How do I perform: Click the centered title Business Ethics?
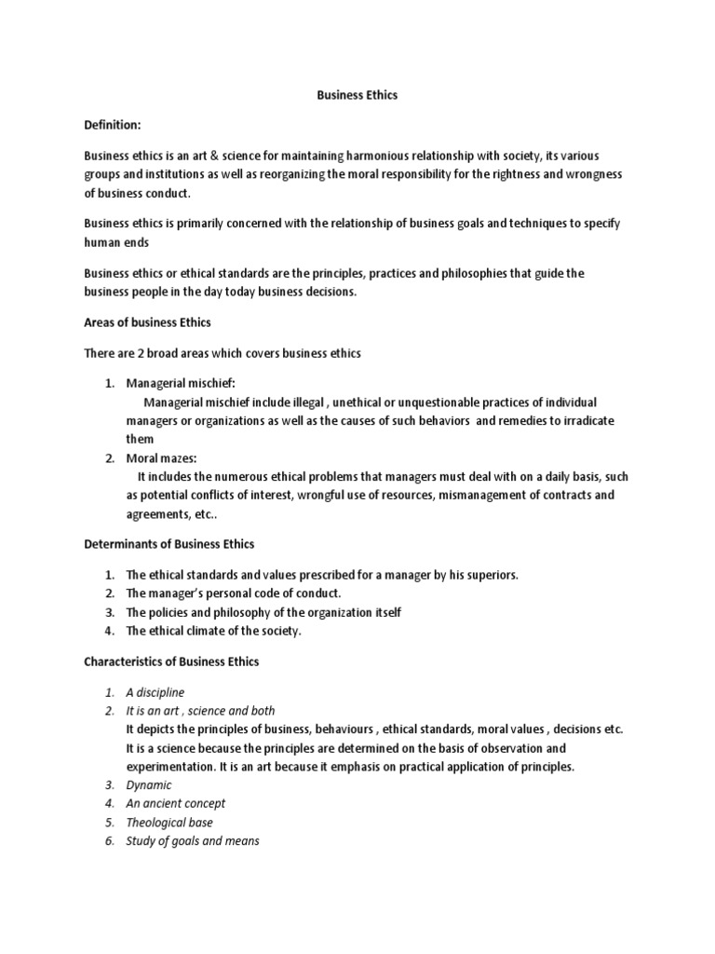(357, 96)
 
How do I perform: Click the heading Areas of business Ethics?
(147, 322)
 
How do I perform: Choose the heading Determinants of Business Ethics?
(169, 543)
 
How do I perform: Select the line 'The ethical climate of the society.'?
(214, 631)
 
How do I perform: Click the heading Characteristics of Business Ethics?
(171, 661)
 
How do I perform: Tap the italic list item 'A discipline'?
(155, 692)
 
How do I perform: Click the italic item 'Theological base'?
(169, 823)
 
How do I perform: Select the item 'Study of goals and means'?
(193, 841)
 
